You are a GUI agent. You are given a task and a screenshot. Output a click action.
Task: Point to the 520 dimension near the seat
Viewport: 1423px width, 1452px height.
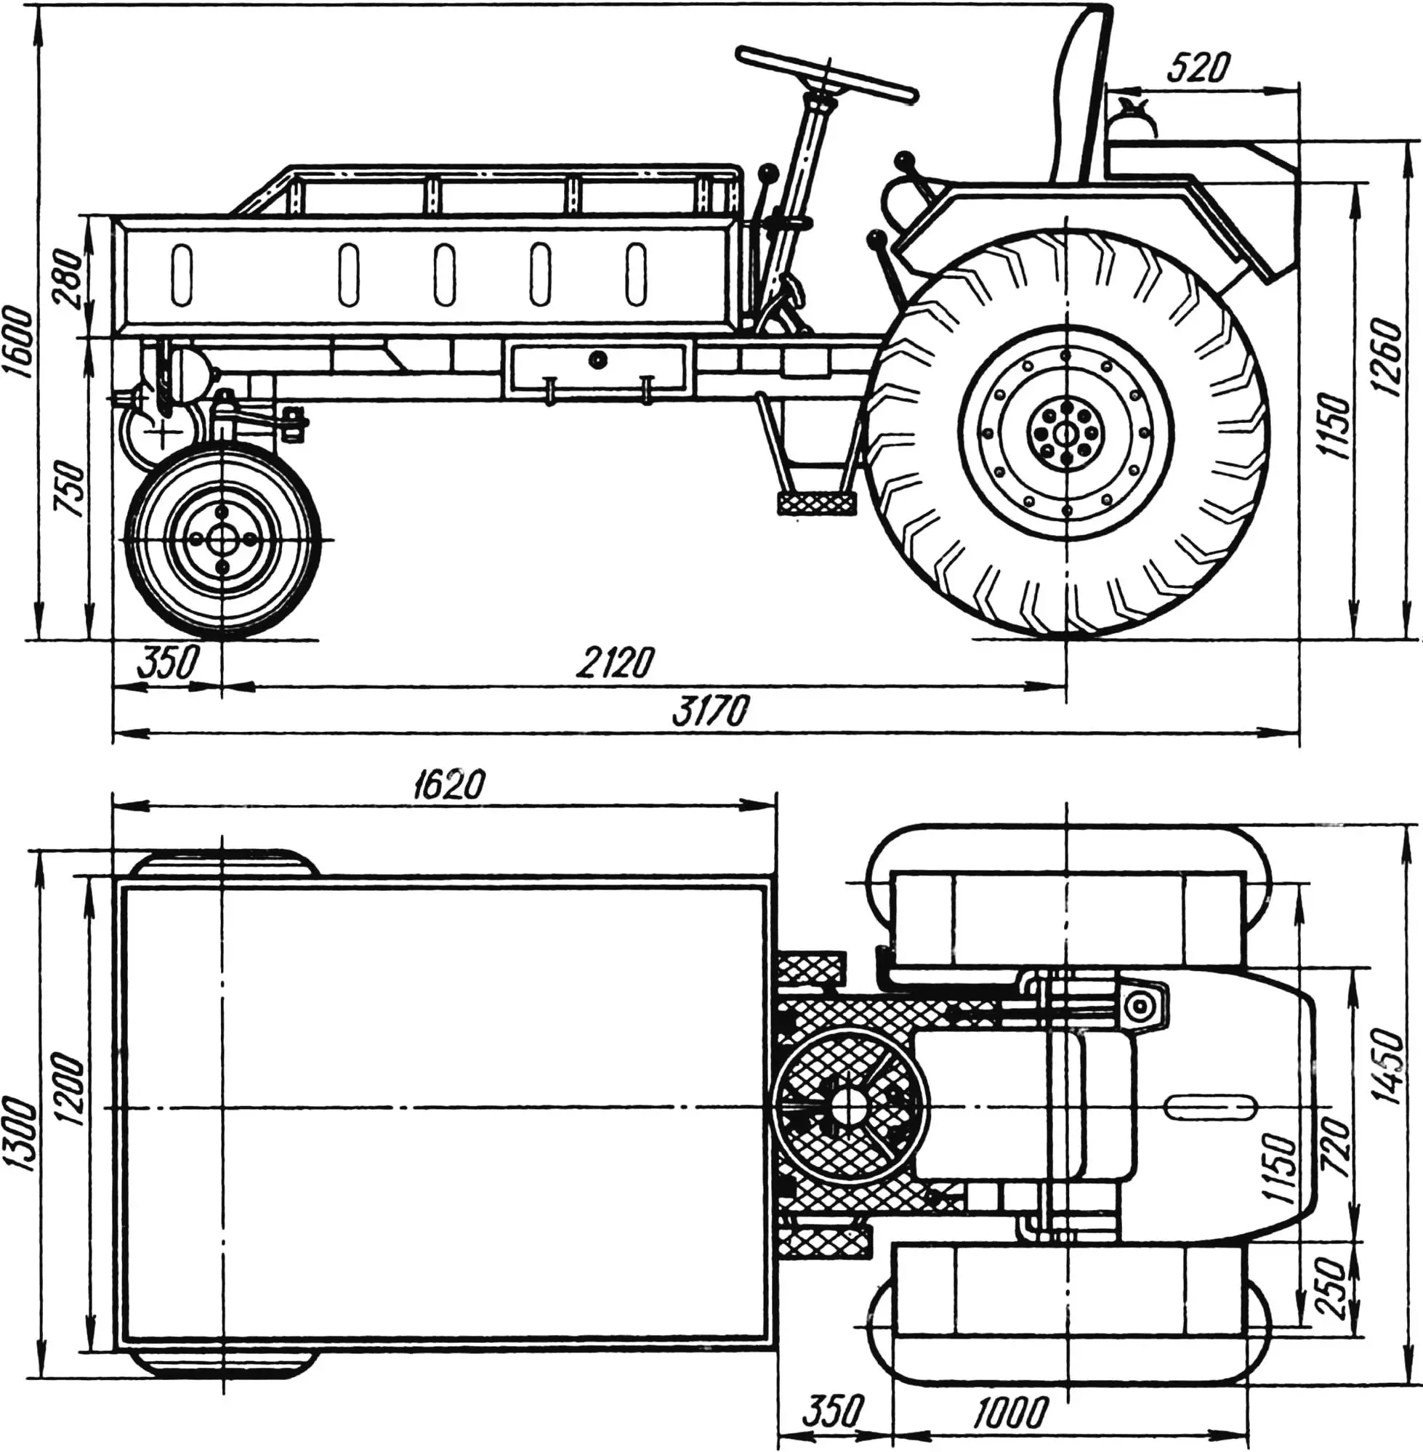(1197, 69)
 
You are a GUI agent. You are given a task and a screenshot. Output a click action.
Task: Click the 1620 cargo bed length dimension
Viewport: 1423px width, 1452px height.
(447, 784)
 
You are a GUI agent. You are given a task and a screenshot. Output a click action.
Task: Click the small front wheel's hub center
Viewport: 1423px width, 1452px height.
(222, 539)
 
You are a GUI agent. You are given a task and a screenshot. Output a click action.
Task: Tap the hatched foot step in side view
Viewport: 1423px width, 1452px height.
(815, 503)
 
